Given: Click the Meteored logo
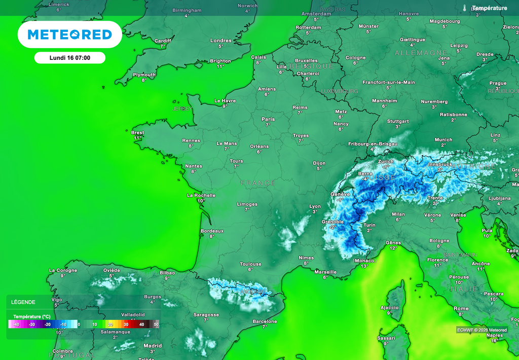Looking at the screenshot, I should [69, 34].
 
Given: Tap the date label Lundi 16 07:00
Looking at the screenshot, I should [69, 58].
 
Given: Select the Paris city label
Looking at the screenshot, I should [268, 119].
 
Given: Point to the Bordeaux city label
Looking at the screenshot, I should [212, 231].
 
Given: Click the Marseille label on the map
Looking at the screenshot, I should [325, 271].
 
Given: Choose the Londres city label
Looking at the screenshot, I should [220, 41].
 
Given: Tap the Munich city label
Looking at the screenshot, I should [443, 139].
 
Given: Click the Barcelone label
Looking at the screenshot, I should [265, 321].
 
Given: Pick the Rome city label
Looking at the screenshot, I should [461, 308].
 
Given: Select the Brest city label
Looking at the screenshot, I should [138, 132].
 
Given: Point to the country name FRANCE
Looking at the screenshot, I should [258, 183].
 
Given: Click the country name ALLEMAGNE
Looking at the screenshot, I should [421, 53].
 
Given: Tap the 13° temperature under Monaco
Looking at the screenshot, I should [364, 266].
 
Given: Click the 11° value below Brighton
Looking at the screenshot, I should [220, 66].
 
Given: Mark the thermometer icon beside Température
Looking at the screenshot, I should [464, 8].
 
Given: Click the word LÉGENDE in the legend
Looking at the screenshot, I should [23, 302].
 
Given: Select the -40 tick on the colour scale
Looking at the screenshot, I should [16, 325].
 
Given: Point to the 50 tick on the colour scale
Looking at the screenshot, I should [156, 325].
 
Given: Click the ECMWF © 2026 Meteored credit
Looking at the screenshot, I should [481, 330].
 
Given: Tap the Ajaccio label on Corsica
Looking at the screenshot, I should [389, 307].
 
